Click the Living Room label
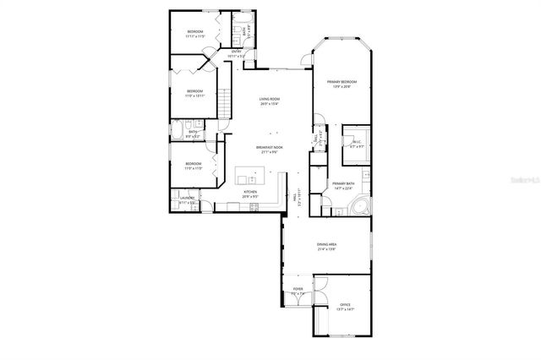click(x=270, y=100)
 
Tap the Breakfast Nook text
click(x=270, y=148)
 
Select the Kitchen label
click(x=250, y=192)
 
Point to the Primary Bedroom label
click(x=342, y=81)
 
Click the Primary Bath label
click(x=342, y=184)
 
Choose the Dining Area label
click(x=327, y=243)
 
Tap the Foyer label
click(x=298, y=289)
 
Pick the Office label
click(x=345, y=304)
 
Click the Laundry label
click(x=187, y=198)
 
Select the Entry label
click(x=237, y=52)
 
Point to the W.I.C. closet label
click(x=357, y=142)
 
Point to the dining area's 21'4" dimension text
click(x=327, y=248)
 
